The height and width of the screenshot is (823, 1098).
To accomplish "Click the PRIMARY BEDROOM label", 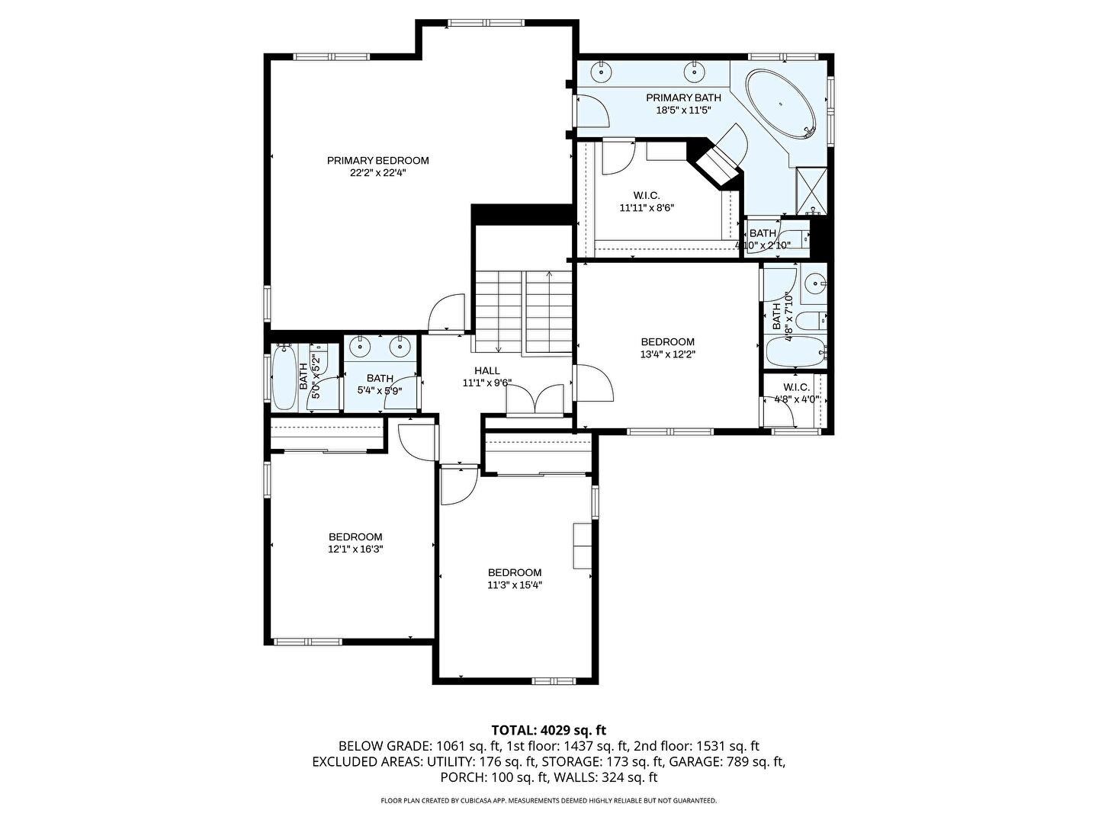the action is pyautogui.click(x=377, y=160).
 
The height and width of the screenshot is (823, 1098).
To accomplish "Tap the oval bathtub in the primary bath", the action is pyautogui.click(x=780, y=104).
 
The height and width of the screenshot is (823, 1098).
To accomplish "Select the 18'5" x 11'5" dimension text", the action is pyautogui.click(x=683, y=110).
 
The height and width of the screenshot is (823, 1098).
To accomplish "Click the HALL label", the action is pyautogui.click(x=486, y=371).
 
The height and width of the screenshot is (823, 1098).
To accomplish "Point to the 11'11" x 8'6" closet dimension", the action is pyautogui.click(x=647, y=207).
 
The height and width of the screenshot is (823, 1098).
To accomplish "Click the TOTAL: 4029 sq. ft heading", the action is pyautogui.click(x=549, y=730).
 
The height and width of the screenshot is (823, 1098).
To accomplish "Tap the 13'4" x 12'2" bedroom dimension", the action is pyautogui.click(x=668, y=354).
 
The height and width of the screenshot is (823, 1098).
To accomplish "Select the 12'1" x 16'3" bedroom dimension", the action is pyautogui.click(x=355, y=549).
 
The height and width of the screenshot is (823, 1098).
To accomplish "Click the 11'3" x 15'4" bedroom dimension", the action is pyautogui.click(x=515, y=585).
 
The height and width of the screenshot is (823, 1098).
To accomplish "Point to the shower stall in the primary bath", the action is pyautogui.click(x=811, y=191).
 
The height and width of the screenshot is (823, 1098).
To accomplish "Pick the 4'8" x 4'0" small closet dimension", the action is pyautogui.click(x=796, y=399).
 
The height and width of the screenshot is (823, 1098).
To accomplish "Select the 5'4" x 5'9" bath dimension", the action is pyautogui.click(x=380, y=391).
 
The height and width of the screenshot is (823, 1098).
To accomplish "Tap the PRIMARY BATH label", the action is pyautogui.click(x=683, y=98).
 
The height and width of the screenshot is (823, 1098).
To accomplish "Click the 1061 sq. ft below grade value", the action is pyautogui.click(x=467, y=746).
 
